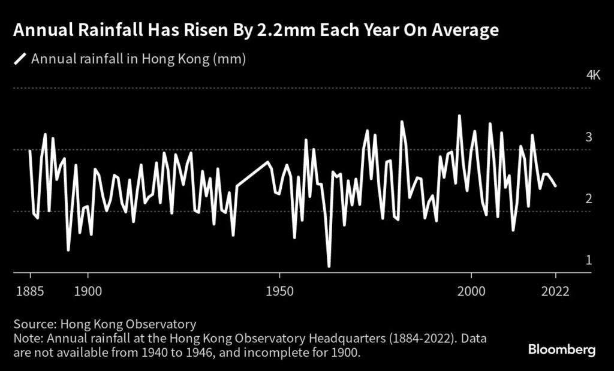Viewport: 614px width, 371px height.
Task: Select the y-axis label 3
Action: (x=589, y=137)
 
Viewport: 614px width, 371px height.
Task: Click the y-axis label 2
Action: (x=589, y=199)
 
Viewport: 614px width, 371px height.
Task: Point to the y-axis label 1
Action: (x=589, y=260)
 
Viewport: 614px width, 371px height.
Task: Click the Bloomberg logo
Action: (x=562, y=349)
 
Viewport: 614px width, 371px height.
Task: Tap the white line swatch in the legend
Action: (x=20, y=59)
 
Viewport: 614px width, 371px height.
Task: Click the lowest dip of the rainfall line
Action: (x=329, y=266)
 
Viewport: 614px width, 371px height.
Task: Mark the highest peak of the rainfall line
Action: (x=459, y=116)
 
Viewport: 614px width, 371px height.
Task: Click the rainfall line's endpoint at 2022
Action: (x=555, y=186)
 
